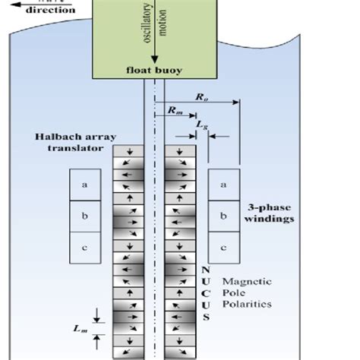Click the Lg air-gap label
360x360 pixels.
click(x=201, y=123)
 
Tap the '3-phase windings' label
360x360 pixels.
click(x=271, y=212)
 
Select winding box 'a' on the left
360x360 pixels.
click(x=84, y=185)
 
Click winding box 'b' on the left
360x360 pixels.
click(x=84, y=216)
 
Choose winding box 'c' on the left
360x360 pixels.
click(x=84, y=247)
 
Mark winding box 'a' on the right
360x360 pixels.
click(x=223, y=185)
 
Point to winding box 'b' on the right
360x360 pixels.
click(x=223, y=216)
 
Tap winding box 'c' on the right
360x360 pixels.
click(x=223, y=247)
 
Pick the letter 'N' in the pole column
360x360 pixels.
click(x=205, y=269)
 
